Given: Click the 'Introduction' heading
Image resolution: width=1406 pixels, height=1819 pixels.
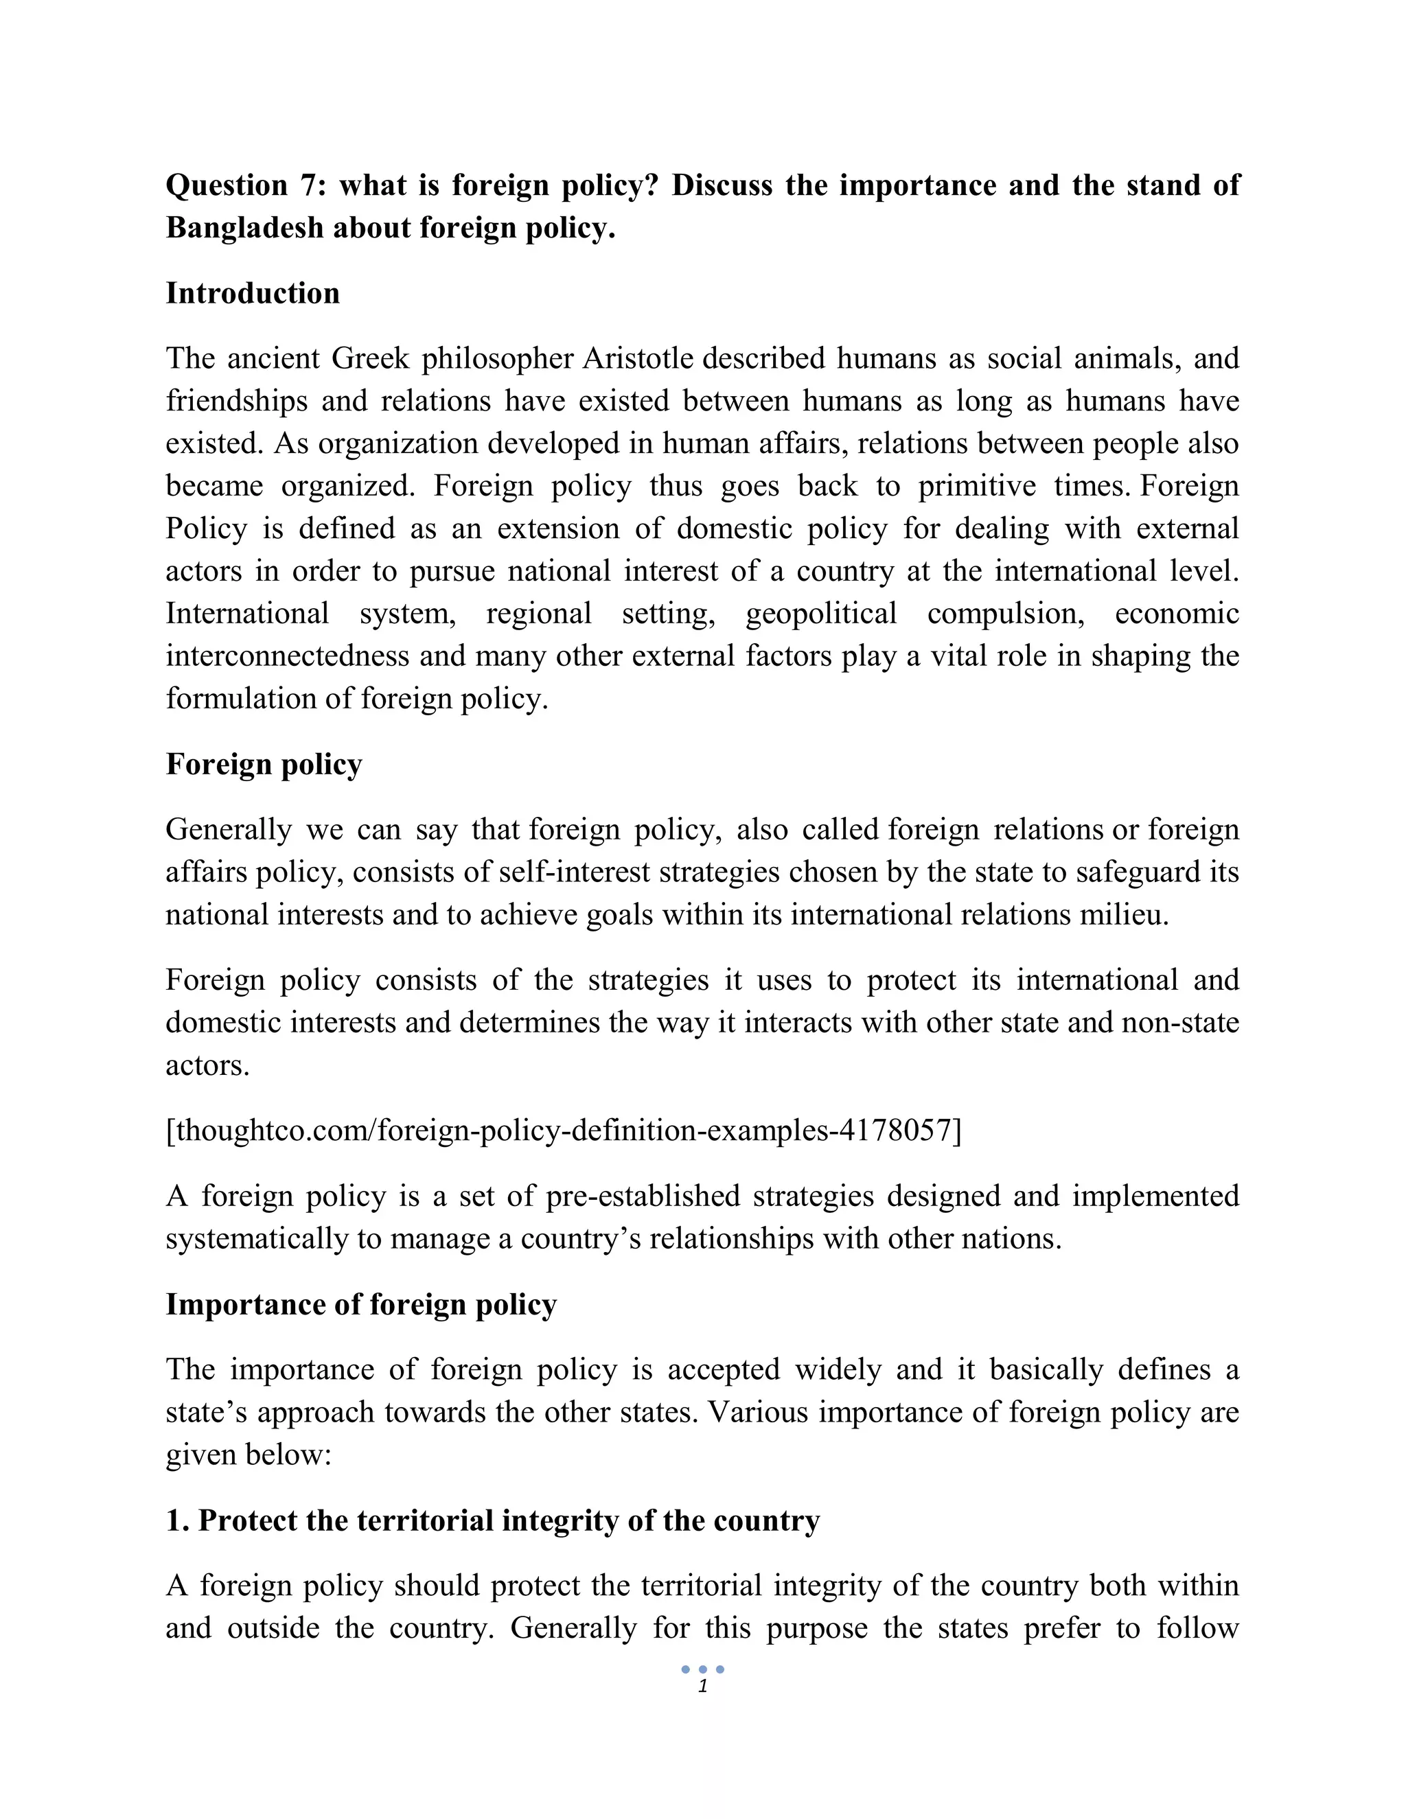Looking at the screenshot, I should pyautogui.click(x=253, y=293).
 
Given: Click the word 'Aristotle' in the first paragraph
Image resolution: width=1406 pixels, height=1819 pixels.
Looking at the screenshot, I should pyautogui.click(x=637, y=358).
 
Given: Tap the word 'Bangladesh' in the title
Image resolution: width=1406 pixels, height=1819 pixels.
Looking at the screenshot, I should pyautogui.click(x=244, y=227).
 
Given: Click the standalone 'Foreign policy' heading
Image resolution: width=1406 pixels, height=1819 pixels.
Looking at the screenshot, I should pyautogui.click(x=263, y=764).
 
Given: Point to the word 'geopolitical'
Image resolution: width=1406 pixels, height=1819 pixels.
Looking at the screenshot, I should pyautogui.click(x=820, y=614).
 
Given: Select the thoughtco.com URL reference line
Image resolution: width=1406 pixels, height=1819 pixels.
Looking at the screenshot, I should pyautogui.click(x=563, y=1131).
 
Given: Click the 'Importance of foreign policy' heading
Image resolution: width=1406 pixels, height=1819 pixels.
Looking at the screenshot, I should pyautogui.click(x=360, y=1304).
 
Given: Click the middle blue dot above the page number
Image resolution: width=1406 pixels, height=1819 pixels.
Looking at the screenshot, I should pyautogui.click(x=703, y=1669).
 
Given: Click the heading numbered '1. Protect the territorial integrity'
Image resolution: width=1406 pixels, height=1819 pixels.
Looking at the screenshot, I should pyautogui.click(x=492, y=1520).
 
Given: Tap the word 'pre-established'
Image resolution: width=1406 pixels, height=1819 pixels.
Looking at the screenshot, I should pyautogui.click(x=642, y=1196).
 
